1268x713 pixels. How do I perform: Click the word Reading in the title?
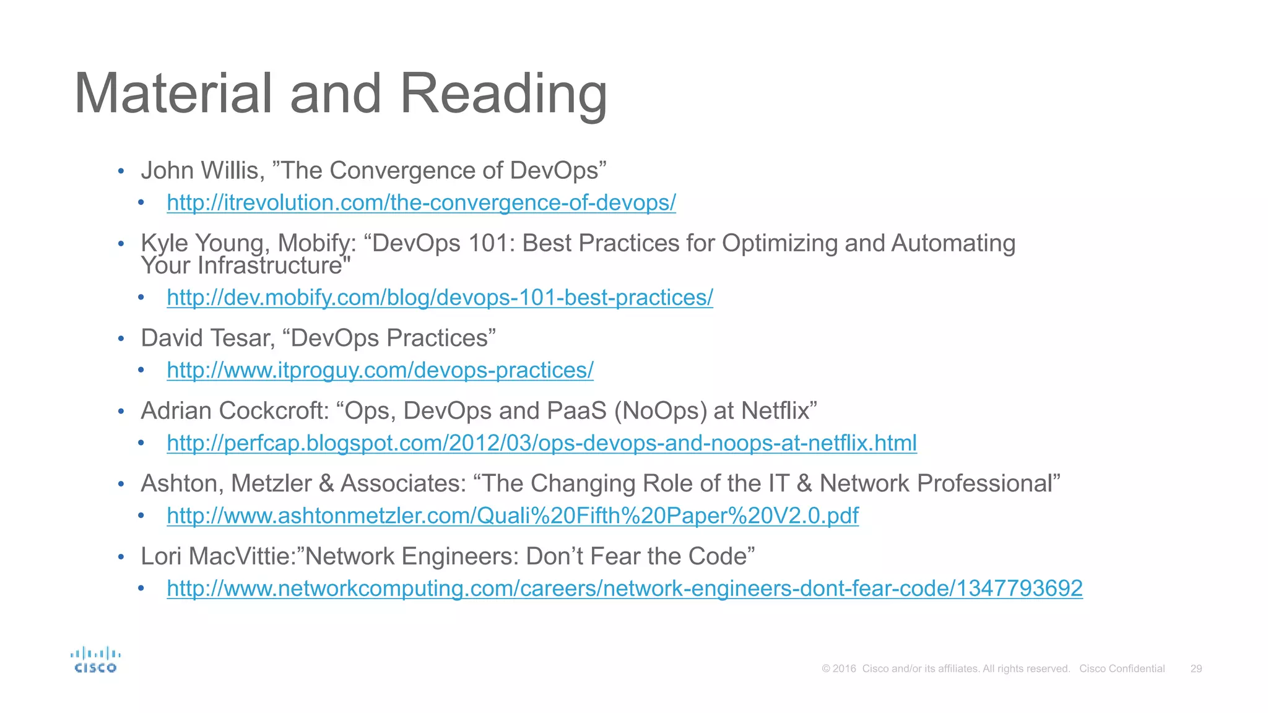[x=503, y=94]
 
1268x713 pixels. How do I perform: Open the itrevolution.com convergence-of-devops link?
[x=421, y=203]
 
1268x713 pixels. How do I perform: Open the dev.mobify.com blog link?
[x=440, y=298]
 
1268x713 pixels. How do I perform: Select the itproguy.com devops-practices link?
[x=380, y=370]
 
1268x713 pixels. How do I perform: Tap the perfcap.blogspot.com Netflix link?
[x=542, y=443]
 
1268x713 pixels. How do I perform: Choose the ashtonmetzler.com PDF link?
[x=513, y=516]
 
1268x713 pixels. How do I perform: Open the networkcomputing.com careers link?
[x=625, y=588]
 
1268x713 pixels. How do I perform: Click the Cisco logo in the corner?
[x=95, y=660]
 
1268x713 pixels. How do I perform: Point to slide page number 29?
[x=1196, y=668]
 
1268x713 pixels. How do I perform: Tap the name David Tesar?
[x=207, y=339]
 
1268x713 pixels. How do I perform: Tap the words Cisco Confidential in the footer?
[x=1122, y=668]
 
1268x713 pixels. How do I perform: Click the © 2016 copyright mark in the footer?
[x=839, y=668]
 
